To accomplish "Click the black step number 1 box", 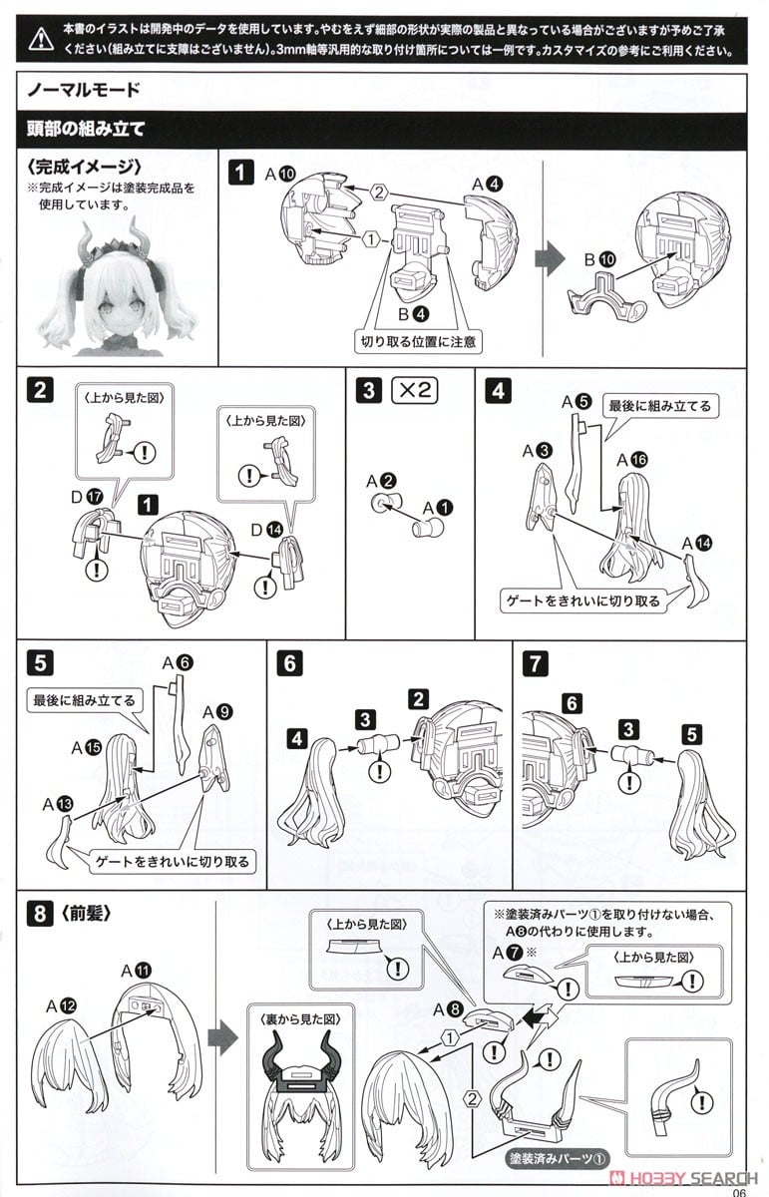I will (240, 172).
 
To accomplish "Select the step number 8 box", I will (38, 911).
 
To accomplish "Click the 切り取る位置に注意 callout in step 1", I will (417, 341).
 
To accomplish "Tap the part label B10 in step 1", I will (602, 260).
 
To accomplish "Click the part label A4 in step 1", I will (487, 183).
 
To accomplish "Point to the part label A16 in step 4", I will (633, 460).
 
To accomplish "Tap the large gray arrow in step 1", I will (551, 257).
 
